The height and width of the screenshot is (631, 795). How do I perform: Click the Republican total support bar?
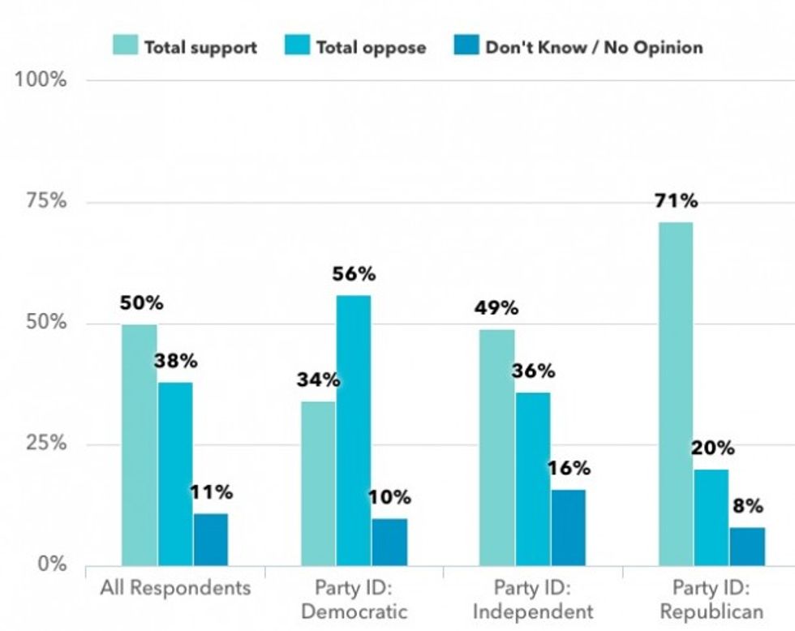pos(675,393)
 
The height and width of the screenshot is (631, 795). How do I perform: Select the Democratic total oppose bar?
pos(353,430)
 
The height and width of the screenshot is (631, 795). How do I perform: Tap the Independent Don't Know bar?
pos(567,527)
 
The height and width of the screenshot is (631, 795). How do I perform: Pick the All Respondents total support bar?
pos(139,444)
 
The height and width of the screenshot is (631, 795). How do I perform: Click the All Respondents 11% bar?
pos(210,539)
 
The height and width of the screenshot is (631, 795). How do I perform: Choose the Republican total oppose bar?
pos(711,517)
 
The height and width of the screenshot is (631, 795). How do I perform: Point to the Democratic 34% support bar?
pos(317,483)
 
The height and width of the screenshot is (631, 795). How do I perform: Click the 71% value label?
pos(676,201)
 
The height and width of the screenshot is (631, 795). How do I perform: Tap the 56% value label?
pos(354,274)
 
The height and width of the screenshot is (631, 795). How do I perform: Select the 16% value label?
pos(569,468)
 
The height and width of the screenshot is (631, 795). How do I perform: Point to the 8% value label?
pos(747,506)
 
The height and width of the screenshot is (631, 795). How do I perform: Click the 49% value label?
pos(497,308)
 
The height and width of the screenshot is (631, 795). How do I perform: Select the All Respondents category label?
pos(175,587)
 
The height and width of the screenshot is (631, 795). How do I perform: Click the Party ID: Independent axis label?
pos(533,599)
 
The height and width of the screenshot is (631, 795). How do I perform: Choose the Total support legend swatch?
pos(126,46)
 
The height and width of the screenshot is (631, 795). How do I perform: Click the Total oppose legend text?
pos(371,47)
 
